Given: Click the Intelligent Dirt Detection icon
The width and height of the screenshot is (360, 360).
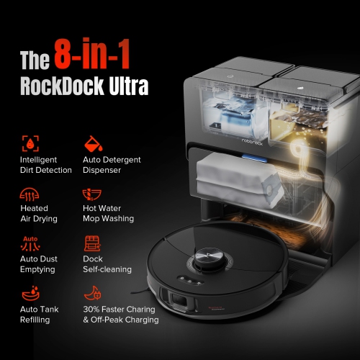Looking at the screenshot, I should click(30, 142).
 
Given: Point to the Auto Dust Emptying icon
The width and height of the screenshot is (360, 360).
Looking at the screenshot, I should click(30, 243).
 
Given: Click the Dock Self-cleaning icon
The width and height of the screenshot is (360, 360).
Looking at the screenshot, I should click(93, 243).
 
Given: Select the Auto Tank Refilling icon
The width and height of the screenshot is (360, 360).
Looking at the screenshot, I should click(30, 294).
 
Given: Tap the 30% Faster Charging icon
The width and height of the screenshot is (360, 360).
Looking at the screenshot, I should click(93, 294).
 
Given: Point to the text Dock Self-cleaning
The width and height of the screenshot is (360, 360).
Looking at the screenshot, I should click(107, 264).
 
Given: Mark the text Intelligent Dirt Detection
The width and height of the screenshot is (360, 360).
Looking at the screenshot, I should click(46, 165).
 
